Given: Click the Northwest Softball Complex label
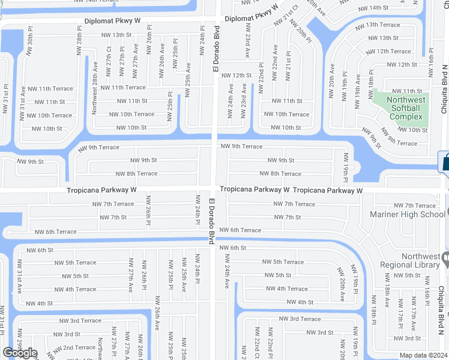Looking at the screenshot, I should [x=406, y=108].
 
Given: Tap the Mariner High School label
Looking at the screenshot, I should [x=408, y=214].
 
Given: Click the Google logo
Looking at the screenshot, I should [x=20, y=353].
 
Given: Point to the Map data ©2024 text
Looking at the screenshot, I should [x=424, y=355].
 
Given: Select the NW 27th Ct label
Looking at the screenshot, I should [x=109, y=57].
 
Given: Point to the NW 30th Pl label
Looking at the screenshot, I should [x=29, y=41].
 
